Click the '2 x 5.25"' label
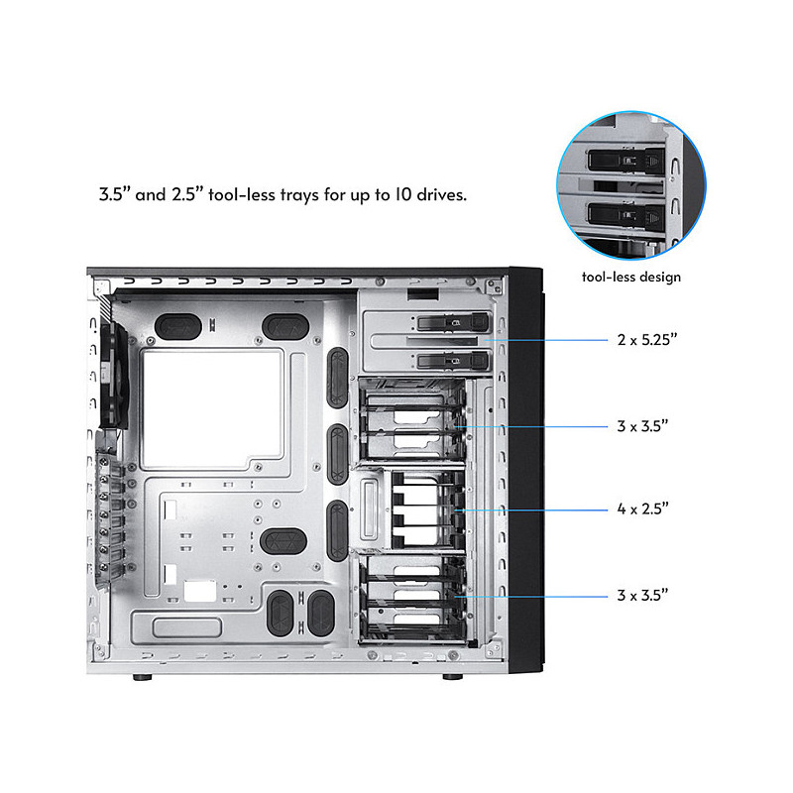(x=647, y=339)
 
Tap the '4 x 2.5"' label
(x=642, y=509)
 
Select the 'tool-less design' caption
(x=631, y=277)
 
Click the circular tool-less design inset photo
(x=631, y=185)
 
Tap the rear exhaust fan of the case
(x=114, y=377)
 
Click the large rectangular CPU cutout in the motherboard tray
(x=212, y=408)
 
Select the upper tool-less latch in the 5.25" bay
(x=453, y=322)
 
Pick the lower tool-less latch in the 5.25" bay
(x=453, y=361)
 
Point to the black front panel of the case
(x=526, y=470)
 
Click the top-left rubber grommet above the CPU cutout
(x=178, y=327)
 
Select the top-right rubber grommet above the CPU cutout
(x=285, y=327)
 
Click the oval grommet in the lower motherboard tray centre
(x=283, y=541)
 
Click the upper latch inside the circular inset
(x=626, y=161)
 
